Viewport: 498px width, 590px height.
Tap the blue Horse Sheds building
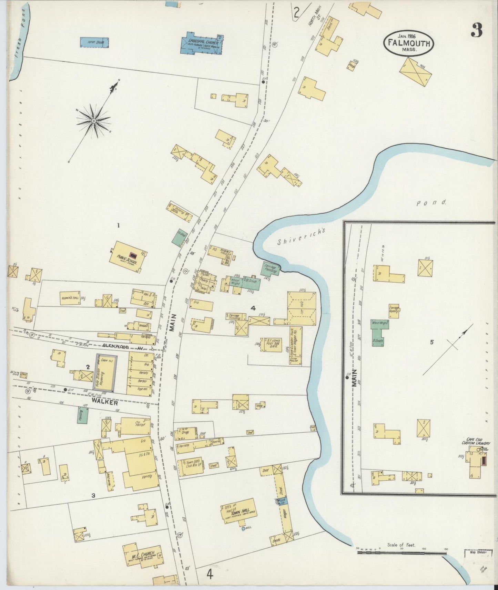click(94, 42)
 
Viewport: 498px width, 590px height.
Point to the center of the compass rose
click(93, 121)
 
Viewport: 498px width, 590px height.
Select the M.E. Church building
click(143, 557)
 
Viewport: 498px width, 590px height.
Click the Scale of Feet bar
click(402, 552)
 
